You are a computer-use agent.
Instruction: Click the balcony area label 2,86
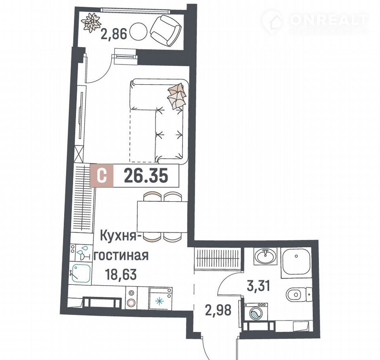(x=114, y=34)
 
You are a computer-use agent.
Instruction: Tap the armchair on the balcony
(x=166, y=30)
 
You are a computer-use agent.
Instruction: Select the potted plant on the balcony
(x=91, y=22)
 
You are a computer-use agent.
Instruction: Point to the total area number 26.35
(x=146, y=176)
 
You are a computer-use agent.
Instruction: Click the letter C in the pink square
(x=102, y=175)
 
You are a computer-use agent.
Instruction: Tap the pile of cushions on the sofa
(x=177, y=96)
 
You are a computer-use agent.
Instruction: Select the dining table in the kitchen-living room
(x=162, y=216)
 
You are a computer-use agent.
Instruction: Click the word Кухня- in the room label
(x=119, y=236)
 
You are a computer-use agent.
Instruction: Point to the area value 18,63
(x=121, y=275)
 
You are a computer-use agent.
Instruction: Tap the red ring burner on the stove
(x=131, y=303)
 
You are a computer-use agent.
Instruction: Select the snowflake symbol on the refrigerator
(x=160, y=301)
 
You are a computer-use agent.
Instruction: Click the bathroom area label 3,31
(x=258, y=286)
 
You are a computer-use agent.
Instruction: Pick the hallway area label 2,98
(x=218, y=310)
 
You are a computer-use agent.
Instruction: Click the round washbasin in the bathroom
(x=266, y=256)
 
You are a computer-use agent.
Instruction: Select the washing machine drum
(x=256, y=314)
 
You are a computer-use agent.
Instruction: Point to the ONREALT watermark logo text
(x=328, y=19)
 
